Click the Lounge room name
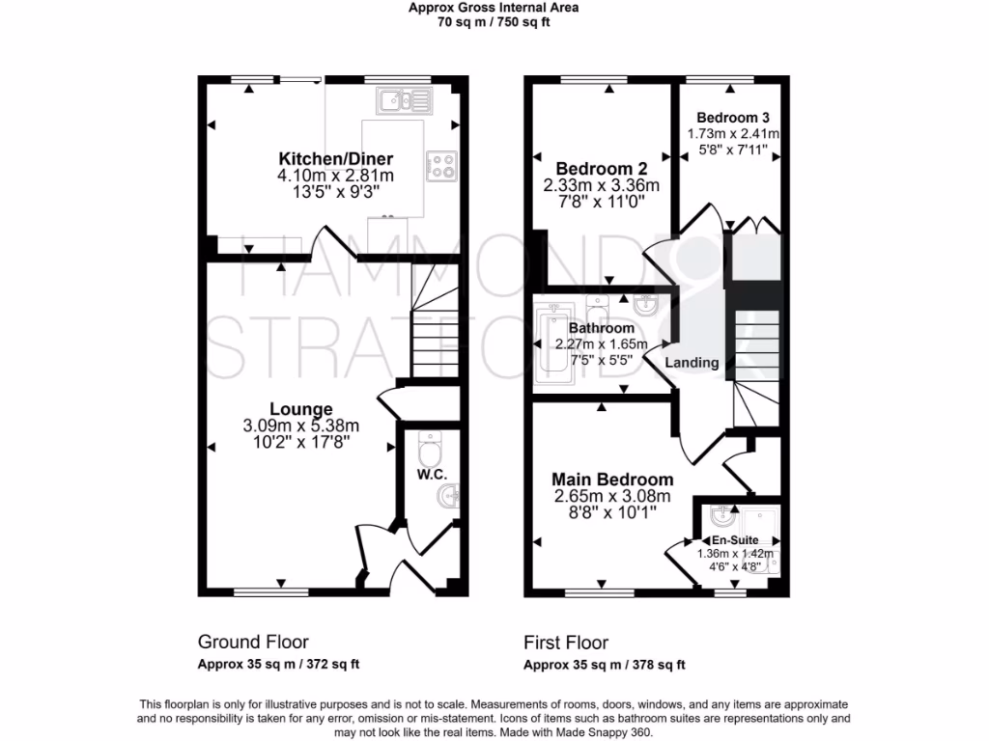[x=301, y=409]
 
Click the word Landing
[x=691, y=363]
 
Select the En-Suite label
[x=735, y=540]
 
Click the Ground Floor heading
[x=253, y=642]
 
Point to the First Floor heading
[x=566, y=642]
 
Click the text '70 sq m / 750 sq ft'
[x=494, y=22]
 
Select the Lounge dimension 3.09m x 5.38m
[x=301, y=425]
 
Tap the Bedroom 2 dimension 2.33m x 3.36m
[x=601, y=185]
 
